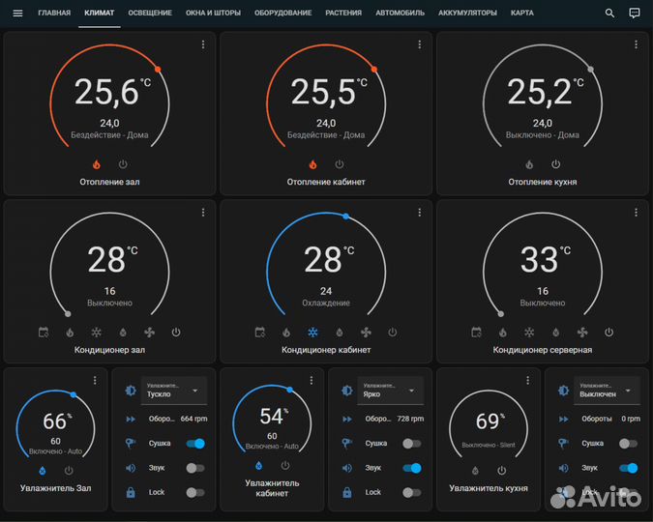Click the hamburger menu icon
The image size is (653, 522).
coord(17,14)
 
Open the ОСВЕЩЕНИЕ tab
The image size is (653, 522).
coord(150,14)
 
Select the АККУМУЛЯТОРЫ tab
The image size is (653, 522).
coord(467,14)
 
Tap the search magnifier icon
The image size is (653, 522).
coord(609,14)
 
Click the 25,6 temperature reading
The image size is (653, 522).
coord(106,93)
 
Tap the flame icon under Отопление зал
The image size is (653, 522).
coord(96,164)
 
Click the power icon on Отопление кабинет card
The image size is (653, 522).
coord(339,164)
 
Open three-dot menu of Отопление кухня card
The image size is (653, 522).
coord(636,44)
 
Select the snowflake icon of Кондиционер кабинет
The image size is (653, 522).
coord(312,333)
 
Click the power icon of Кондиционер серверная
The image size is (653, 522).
coord(608,333)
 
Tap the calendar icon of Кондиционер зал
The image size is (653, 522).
coord(44,333)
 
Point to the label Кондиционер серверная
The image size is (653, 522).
coord(543,350)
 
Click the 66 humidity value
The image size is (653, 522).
coord(55,422)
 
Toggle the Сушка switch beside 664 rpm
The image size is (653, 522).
coord(195,444)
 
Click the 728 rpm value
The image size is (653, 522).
coord(410,419)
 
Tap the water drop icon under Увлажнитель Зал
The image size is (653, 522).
coord(43,471)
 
